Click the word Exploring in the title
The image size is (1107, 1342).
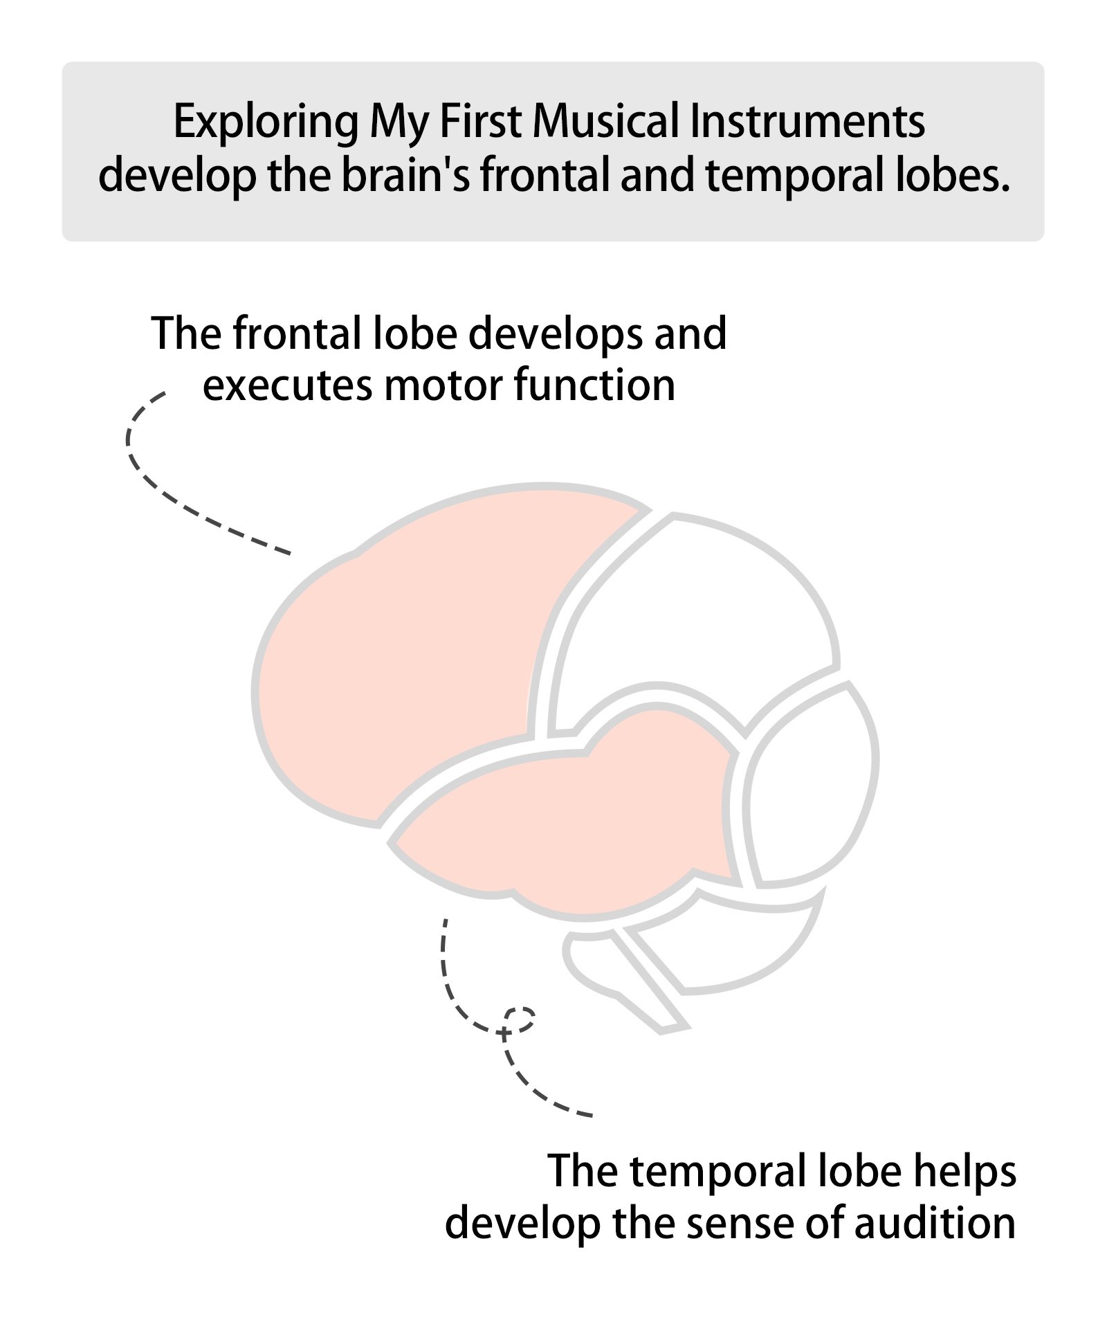coord(266,123)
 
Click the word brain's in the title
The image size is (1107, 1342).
coord(405,176)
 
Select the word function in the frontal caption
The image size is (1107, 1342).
coord(594,385)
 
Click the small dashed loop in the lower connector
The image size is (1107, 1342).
coord(520,1019)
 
